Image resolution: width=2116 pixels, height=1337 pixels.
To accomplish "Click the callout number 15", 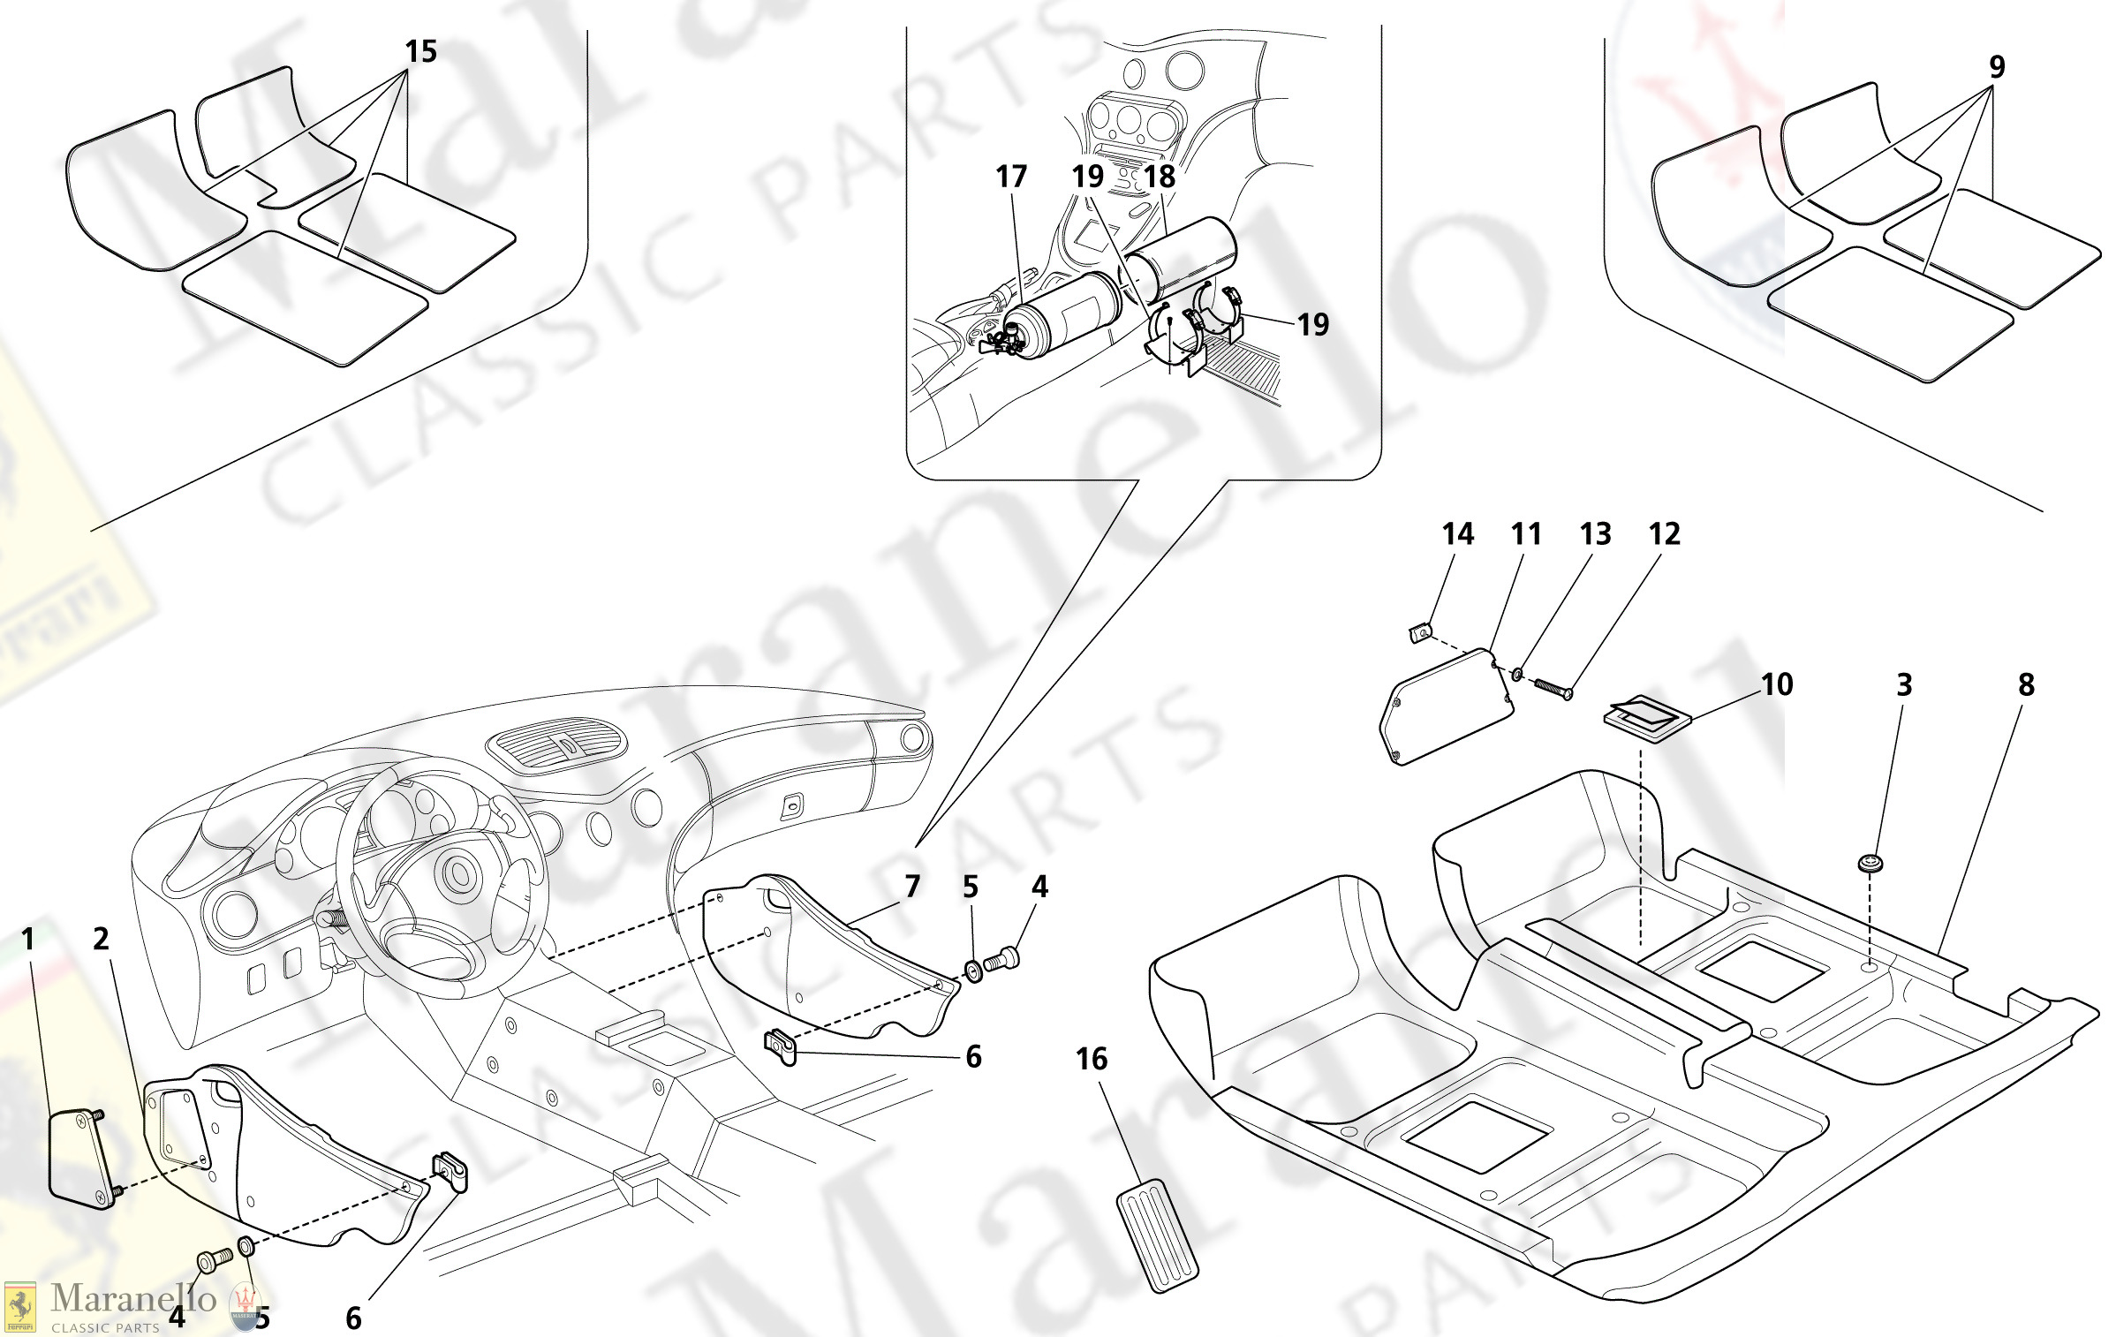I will click(x=420, y=51).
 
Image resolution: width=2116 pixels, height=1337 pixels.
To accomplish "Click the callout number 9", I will click(x=1997, y=66).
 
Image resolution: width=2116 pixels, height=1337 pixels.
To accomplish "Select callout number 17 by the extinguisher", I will click(x=1011, y=177).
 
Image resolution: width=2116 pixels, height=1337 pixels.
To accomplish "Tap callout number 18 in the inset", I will click(x=1160, y=177).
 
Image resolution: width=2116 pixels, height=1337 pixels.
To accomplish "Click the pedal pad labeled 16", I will click(x=1158, y=1235).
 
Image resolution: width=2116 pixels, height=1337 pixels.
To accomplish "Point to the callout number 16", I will click(x=1091, y=1059).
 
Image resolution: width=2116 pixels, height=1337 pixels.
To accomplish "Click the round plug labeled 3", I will click(x=1869, y=863).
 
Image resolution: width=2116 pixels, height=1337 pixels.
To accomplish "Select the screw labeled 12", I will click(x=1553, y=687).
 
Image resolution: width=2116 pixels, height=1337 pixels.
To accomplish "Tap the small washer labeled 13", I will click(x=1516, y=675).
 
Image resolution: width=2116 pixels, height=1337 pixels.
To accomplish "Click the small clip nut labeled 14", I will click(x=1418, y=632).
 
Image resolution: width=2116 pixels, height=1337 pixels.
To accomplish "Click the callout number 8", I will click(x=2026, y=684).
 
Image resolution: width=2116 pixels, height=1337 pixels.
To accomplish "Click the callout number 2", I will click(x=101, y=939).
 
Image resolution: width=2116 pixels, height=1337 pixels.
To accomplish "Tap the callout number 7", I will click(x=912, y=886).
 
